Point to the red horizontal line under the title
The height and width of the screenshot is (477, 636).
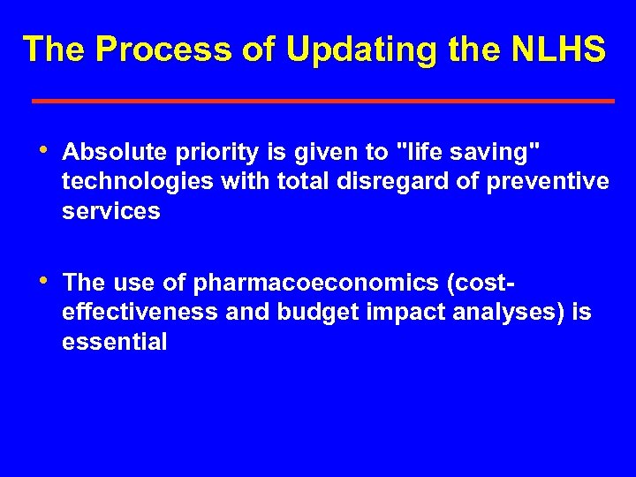[x=323, y=102]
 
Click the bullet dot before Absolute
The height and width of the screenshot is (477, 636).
[x=46, y=150]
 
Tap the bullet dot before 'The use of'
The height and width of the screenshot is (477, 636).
[x=46, y=280]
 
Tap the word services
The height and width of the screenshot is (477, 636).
[x=111, y=212]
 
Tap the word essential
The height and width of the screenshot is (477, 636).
[x=114, y=343]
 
